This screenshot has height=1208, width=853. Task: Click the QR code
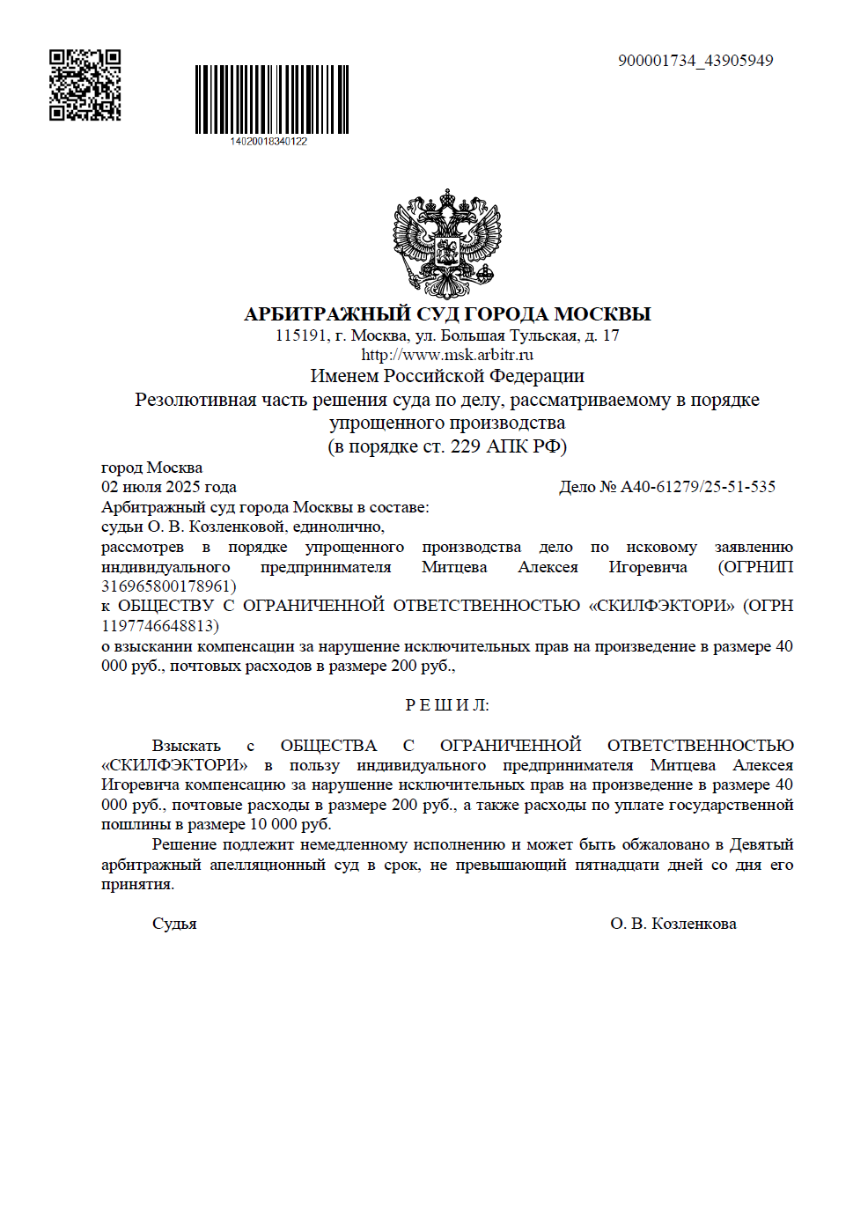pos(85,85)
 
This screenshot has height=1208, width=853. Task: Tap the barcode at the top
pos(271,99)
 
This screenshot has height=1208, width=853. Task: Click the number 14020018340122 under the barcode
pos(268,142)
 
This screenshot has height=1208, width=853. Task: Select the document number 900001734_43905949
pos(695,61)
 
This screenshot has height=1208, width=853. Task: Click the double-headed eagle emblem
pos(447,244)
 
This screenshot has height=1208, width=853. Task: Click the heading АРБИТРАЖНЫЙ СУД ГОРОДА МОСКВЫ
pos(447,314)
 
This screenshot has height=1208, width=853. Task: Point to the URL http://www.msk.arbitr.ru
pos(447,355)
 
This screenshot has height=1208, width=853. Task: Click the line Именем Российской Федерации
pos(447,376)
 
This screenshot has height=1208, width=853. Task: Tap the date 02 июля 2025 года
pos(169,487)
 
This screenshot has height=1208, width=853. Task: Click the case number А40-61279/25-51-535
pos(698,487)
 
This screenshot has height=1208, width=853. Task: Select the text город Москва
pos(151,468)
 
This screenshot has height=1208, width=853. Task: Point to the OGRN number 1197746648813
pos(158,626)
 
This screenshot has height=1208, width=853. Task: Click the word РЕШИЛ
pos(446,705)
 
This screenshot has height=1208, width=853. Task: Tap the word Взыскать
pos(186,746)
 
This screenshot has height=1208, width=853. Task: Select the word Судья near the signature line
pos(174,924)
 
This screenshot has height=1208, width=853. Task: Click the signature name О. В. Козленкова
pos(673,924)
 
